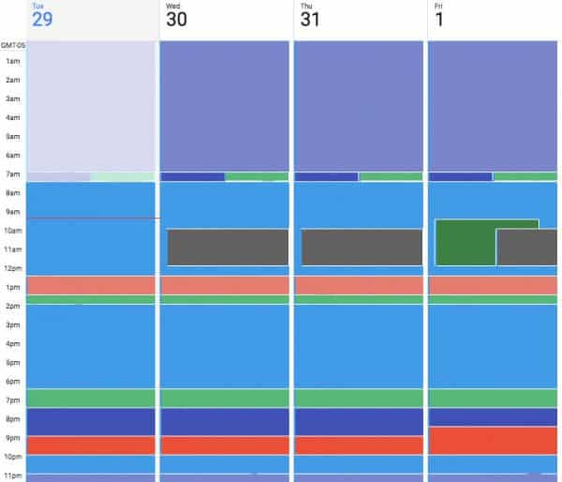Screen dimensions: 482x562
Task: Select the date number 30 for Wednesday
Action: pos(176,20)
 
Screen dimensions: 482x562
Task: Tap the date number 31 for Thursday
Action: pos(310,20)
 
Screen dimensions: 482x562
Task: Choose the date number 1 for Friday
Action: pos(440,20)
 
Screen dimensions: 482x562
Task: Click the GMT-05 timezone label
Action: pos(12,44)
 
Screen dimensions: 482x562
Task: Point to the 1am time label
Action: pos(12,61)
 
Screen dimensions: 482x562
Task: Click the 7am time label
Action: pos(12,174)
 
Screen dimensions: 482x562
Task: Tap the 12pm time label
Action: pos(12,268)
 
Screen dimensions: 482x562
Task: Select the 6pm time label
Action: pos(12,382)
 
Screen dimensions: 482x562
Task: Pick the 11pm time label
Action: pos(12,476)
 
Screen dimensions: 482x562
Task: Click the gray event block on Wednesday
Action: pos(228,247)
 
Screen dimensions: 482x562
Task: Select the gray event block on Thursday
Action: pos(362,247)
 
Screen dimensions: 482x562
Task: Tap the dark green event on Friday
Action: pos(466,242)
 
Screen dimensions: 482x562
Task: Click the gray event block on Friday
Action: pos(526,248)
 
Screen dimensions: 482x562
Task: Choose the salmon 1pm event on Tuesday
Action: pos(91,285)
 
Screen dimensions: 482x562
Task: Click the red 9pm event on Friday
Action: pos(493,441)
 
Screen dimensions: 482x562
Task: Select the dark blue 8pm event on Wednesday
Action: pos(225,421)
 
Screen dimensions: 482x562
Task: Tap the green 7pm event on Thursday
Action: pos(359,398)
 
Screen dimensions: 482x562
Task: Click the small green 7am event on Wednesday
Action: pos(257,176)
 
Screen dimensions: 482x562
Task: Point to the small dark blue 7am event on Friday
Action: pos(460,176)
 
